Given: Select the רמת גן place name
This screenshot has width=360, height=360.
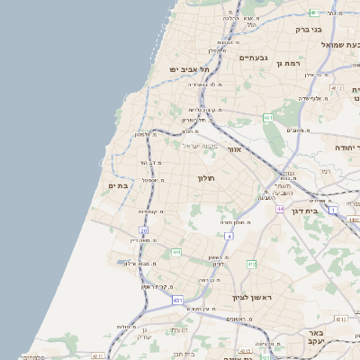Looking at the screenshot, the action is [x=285, y=64].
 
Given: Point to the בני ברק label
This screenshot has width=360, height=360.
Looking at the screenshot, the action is [x=308, y=30].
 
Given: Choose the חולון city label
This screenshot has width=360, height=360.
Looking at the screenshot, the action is [x=209, y=178].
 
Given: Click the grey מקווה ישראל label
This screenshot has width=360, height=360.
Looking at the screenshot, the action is [x=201, y=145].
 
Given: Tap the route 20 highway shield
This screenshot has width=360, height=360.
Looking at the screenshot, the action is [x=144, y=231].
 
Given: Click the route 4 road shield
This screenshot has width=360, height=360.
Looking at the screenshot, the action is [x=229, y=236].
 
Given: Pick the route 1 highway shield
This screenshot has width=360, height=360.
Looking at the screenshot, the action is [x=332, y=210].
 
